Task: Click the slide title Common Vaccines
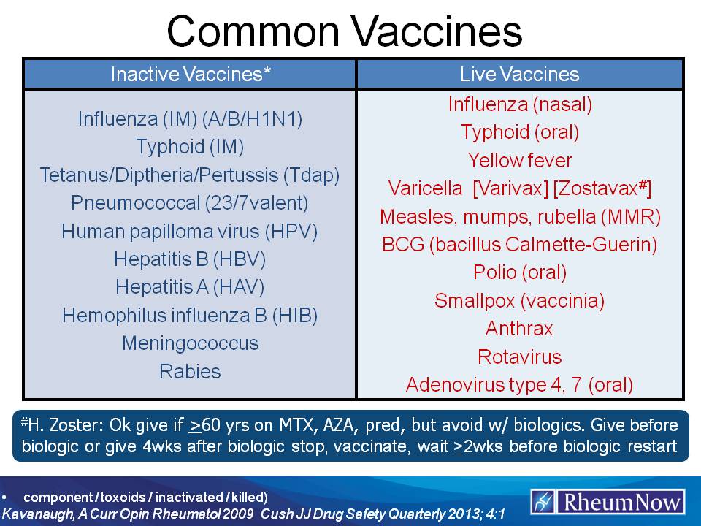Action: pos(344,32)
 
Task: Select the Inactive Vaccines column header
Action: pos(190,74)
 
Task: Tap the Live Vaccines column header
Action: pos(519,74)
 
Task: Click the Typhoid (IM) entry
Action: pos(190,147)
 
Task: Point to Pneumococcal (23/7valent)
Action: pos(190,203)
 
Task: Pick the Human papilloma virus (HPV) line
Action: pos(190,232)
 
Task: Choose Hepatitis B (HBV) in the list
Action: pos(190,259)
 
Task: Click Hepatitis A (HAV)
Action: pos(190,287)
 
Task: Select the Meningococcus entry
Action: pos(190,343)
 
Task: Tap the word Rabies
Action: pos(190,371)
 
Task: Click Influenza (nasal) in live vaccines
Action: pos(519,104)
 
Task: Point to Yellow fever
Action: pos(519,160)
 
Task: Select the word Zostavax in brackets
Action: pos(600,188)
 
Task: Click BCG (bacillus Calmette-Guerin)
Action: pos(519,245)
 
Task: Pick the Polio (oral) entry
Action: pos(519,272)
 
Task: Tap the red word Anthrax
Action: pos(519,329)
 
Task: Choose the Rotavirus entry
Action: pos(519,357)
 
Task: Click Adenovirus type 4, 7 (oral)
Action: pos(519,384)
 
